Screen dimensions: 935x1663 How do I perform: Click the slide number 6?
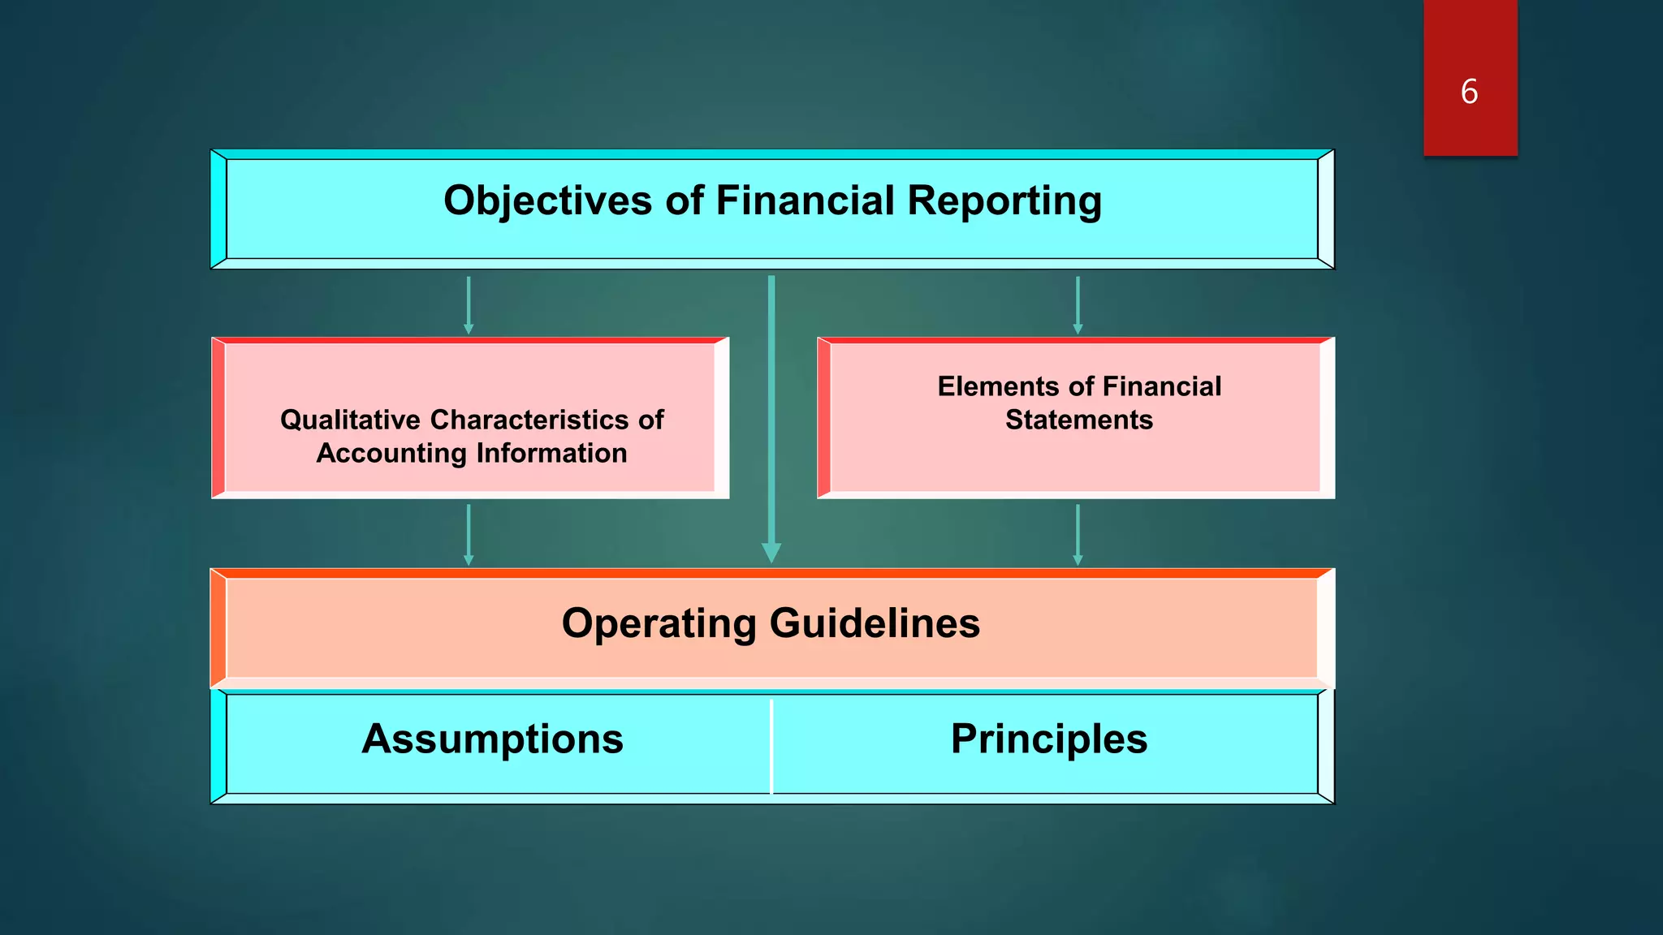coord(1469,92)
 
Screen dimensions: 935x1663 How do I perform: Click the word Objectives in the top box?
coord(547,200)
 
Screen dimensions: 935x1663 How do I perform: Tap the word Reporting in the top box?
coord(1004,200)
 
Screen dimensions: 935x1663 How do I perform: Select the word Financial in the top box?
coord(805,200)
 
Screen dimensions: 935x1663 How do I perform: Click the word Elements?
coord(997,386)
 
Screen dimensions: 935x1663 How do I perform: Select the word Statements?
coord(1079,420)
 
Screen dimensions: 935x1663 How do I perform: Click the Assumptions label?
coord(493,739)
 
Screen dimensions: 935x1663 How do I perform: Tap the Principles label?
coord(1049,739)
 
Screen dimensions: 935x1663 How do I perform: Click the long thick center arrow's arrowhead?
coord(771,553)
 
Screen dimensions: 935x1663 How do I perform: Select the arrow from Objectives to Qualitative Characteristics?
coord(469,304)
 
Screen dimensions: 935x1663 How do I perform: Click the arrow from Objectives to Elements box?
coord(1078,304)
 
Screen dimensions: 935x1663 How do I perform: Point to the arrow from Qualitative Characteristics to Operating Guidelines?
coord(469,533)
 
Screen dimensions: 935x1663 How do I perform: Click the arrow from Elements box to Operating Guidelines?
coord(1078,533)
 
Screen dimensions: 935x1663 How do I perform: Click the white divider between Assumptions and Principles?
coord(771,745)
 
